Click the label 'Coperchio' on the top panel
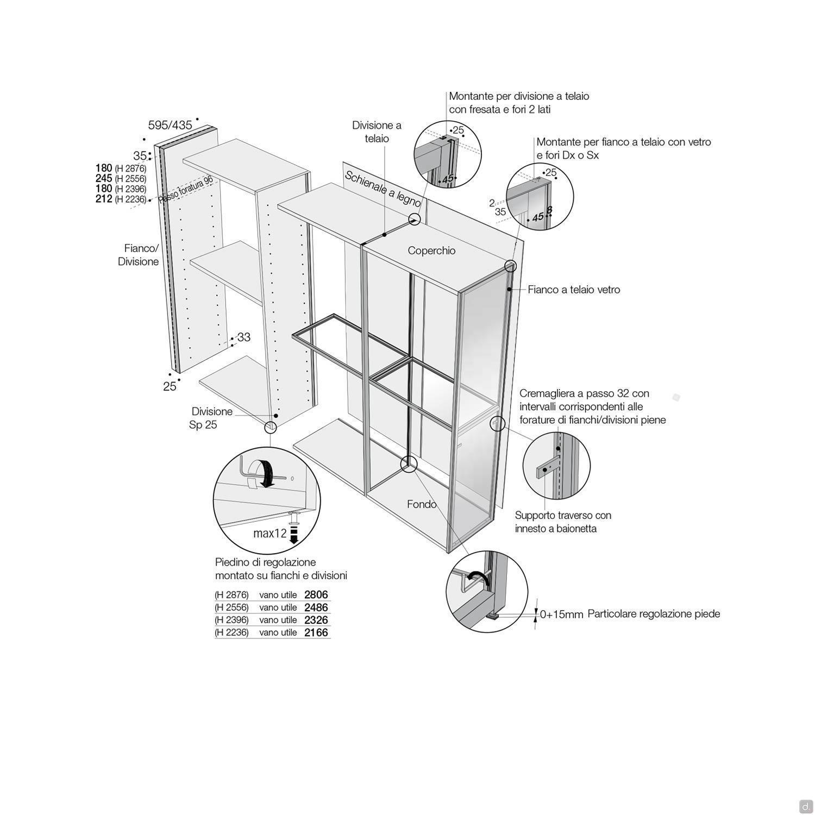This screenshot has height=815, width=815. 431,250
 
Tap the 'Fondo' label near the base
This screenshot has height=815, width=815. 422,504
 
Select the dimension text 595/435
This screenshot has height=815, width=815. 170,125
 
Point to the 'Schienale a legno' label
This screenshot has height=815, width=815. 383,189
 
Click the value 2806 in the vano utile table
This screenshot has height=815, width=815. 316,595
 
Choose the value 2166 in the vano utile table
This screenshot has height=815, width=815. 316,632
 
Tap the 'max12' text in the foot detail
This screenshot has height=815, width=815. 270,534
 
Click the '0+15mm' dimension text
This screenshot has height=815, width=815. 562,615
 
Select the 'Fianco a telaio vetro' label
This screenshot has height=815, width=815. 574,290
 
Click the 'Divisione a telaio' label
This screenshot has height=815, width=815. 377,131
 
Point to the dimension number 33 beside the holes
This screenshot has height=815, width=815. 244,337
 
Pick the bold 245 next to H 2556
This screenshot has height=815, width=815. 104,178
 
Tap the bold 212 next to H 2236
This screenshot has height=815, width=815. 104,199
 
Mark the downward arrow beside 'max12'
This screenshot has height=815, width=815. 294,534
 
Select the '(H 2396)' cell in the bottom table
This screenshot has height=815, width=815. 231,620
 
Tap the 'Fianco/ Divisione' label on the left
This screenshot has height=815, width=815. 139,255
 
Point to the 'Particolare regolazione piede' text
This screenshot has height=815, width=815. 654,614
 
